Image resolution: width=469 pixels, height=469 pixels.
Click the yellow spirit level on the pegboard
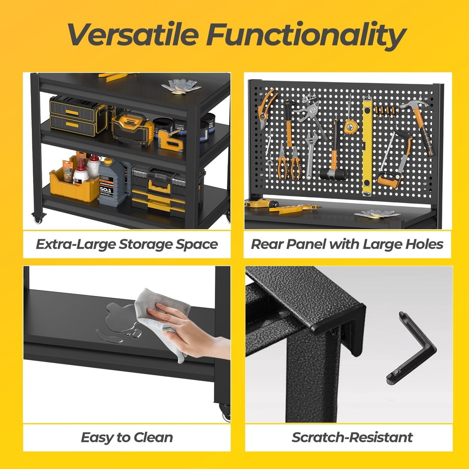(367, 145)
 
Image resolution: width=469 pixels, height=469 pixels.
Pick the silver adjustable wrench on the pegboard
(311, 150)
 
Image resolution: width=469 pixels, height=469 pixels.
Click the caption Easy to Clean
(127, 438)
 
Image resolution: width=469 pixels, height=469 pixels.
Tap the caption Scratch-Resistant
(352, 438)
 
